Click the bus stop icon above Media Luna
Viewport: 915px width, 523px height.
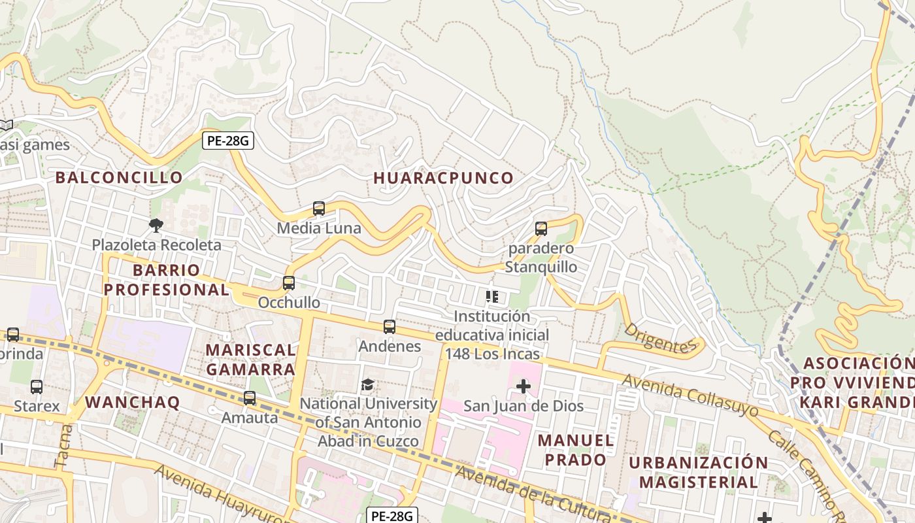319,209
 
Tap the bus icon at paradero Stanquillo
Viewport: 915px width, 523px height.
541,229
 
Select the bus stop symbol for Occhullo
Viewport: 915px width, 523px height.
289,283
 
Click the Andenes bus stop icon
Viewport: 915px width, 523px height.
390,326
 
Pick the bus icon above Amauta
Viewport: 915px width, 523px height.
250,397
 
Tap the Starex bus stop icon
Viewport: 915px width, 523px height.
37,386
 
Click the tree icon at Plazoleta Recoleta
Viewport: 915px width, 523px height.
156,226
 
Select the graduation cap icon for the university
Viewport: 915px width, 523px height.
367,384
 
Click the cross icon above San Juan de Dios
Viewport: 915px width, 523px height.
523,386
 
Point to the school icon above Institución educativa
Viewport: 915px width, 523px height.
492,297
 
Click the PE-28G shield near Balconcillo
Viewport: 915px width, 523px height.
227,141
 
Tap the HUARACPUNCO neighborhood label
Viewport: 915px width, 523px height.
443,178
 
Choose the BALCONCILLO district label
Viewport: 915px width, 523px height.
119,177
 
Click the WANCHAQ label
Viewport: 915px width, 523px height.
133,402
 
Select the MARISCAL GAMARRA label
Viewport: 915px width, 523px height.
250,360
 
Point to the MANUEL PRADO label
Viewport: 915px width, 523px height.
576,450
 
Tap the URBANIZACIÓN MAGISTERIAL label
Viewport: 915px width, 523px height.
698,472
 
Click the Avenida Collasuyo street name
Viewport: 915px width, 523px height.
690,395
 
